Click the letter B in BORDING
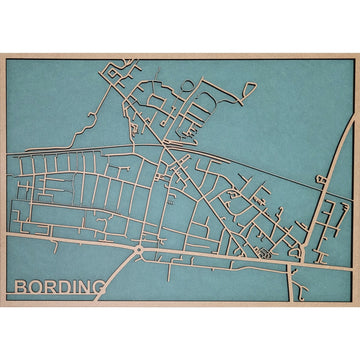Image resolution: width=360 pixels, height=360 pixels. point(22,288)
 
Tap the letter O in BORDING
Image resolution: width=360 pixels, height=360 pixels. point(37,288)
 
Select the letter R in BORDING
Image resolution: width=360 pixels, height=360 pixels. point(52,288)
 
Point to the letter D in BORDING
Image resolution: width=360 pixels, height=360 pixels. point(66,288)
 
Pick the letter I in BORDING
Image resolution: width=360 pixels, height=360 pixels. point(76,288)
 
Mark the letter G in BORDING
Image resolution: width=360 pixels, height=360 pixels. point(101,288)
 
